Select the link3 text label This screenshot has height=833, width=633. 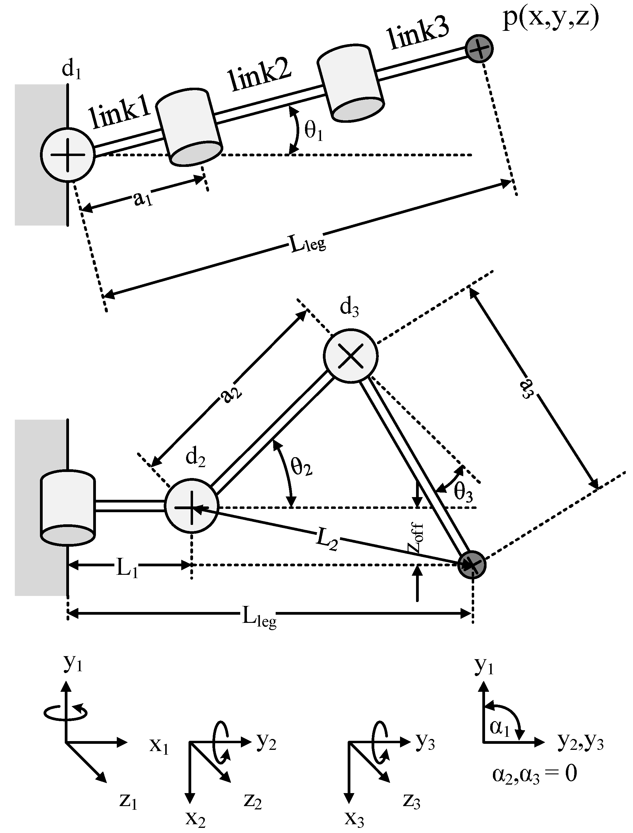pos(418,34)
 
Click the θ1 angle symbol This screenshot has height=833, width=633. pos(313,132)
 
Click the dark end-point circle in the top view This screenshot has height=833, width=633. pos(478,49)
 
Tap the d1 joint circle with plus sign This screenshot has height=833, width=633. pos(67,155)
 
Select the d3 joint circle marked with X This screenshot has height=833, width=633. pos(350,356)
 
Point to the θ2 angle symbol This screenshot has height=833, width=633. pos(301,467)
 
